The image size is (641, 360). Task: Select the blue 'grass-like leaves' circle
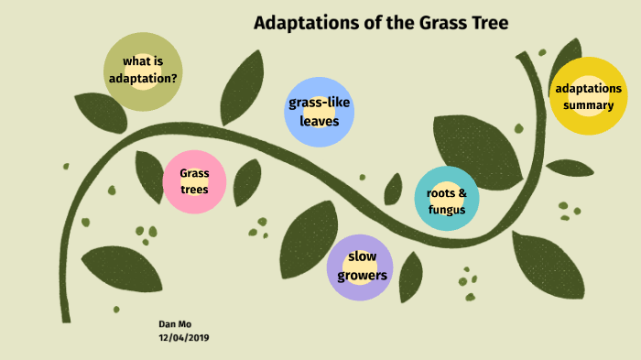(319, 111)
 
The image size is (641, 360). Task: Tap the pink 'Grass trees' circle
(194, 180)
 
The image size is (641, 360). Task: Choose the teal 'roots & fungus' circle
(446, 200)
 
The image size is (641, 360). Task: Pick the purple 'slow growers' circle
(360, 267)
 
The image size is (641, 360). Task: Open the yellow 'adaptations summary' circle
(588, 96)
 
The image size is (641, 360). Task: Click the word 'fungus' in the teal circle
(446, 210)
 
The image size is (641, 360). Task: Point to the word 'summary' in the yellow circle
(588, 105)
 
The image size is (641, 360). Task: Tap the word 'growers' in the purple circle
(361, 275)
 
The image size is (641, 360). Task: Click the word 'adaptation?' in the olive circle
(143, 78)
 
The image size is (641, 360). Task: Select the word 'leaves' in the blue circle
(319, 120)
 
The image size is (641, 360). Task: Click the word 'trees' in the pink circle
(194, 190)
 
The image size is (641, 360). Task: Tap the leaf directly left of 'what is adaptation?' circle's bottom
(100, 112)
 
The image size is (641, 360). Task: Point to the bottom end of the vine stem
(66, 316)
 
